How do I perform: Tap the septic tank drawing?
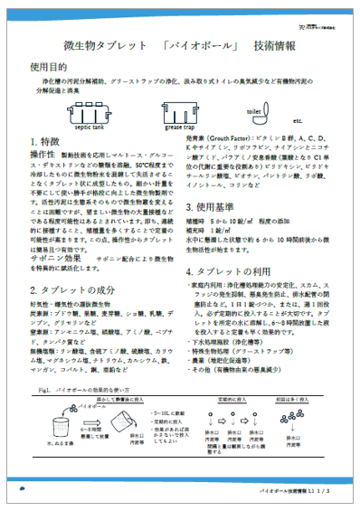coord(90,112)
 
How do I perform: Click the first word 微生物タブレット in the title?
coord(93,47)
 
